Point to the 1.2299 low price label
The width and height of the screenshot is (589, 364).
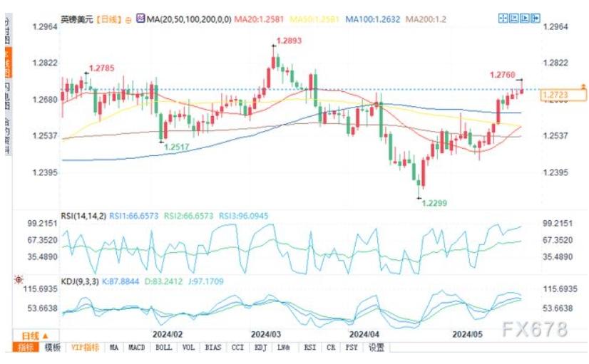434,203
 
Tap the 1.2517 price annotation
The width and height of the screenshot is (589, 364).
178,147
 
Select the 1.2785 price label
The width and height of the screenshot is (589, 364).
101,68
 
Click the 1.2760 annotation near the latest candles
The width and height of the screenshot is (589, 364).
504,74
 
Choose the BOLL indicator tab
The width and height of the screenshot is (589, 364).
164,348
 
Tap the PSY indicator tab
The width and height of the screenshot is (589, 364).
352,348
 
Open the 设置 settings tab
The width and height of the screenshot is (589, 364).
376,348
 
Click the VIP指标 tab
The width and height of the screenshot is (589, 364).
85,348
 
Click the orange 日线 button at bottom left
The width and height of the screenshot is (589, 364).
34,335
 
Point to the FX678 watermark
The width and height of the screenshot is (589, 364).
534,329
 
